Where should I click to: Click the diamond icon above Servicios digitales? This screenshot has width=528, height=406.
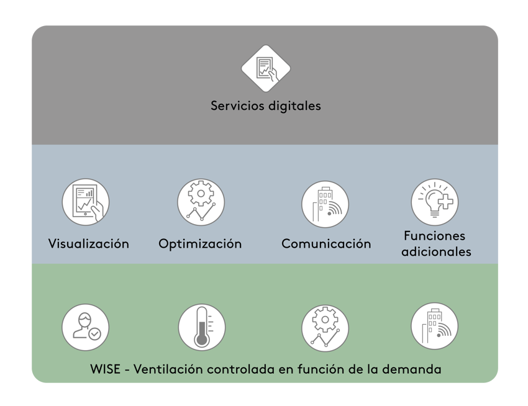coord(266,68)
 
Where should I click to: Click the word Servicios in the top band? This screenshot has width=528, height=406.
coord(237,106)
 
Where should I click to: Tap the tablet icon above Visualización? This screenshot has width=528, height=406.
coord(86,202)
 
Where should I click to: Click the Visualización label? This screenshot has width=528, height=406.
coord(89,243)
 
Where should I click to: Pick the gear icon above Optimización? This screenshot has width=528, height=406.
coord(201,202)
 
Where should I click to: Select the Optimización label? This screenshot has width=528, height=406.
coord(200,243)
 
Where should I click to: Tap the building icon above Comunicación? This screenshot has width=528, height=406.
coord(325,204)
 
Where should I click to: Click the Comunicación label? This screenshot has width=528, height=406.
coord(326,243)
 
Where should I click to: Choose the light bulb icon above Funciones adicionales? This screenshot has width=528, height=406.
coord(435,202)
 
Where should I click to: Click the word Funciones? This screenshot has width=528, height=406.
coord(434,236)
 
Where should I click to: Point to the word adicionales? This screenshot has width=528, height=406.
coord(436,251)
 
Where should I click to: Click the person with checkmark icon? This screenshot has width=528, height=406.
coord(86,327)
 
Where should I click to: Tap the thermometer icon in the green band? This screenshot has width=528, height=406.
coord(201,327)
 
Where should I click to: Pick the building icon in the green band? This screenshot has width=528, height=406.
coord(435,327)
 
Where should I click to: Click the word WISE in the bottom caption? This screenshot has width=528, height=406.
coord(106,369)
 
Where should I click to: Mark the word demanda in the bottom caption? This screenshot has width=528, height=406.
coord(417,369)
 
